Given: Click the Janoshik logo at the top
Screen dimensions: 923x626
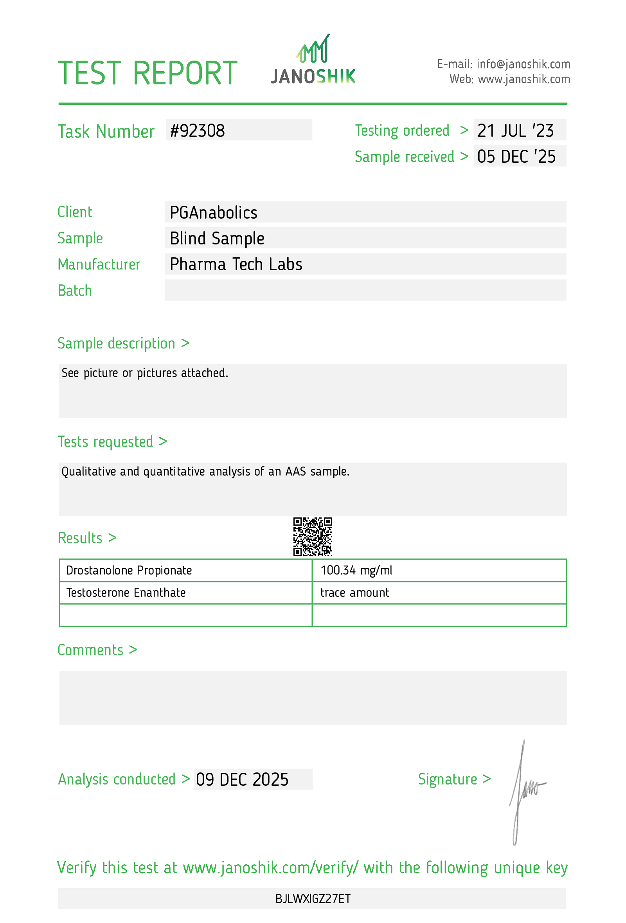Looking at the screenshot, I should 313,60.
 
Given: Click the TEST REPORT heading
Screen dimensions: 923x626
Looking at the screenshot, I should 148,73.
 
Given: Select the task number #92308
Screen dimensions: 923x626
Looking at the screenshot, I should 198,131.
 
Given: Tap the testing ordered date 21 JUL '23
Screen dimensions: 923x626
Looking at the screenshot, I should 515,131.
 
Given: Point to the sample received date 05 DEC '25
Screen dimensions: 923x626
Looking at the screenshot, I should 516,156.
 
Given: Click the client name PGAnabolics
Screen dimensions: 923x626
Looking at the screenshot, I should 213,212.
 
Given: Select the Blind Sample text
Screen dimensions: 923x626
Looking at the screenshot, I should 217,238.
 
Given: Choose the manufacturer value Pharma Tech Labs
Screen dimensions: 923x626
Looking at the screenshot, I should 236,264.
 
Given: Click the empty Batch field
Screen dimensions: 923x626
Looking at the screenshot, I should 365,290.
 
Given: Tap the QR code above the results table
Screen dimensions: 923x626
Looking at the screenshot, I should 313,536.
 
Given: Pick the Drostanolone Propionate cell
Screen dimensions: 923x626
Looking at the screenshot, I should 129,570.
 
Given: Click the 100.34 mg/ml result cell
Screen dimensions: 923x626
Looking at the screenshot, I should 356,570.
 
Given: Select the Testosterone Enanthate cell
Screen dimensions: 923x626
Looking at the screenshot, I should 126,593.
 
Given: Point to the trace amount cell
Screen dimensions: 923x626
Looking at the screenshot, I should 355,593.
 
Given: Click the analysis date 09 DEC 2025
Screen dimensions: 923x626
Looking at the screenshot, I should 242,779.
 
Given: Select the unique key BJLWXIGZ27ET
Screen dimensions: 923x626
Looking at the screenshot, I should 313,898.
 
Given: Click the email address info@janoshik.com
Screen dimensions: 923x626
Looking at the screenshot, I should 523,64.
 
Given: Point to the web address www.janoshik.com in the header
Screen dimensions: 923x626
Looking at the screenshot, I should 523,79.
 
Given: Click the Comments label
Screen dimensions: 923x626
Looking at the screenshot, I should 90,650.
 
